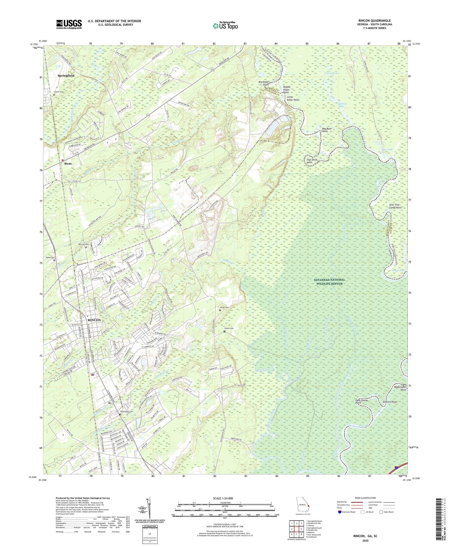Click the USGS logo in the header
(69, 24)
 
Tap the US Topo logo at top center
(225, 25)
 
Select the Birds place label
(68, 164)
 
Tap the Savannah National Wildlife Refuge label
(329, 281)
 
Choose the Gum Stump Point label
(361, 401)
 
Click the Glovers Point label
(390, 402)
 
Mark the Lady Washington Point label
(399, 388)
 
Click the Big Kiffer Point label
(263, 83)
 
